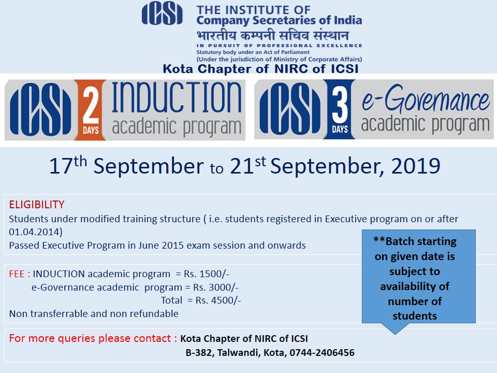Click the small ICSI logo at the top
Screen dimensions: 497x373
point(162,13)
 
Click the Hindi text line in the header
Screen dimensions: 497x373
point(273,35)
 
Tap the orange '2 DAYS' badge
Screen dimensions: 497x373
point(91,110)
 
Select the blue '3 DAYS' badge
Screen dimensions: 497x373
point(340,109)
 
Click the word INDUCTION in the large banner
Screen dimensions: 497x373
point(177,97)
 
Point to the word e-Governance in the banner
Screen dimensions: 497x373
point(426,98)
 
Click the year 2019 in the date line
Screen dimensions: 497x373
point(416,166)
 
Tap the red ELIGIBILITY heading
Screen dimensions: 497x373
point(37,205)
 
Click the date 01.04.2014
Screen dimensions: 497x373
point(34,232)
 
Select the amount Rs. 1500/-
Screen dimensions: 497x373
point(207,274)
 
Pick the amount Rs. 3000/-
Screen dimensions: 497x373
point(216,288)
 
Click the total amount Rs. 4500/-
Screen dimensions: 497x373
point(218,300)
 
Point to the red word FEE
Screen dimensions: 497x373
point(17,274)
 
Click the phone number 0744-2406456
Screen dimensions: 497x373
point(322,352)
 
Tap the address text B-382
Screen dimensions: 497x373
point(199,352)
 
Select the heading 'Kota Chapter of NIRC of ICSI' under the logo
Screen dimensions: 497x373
point(260,69)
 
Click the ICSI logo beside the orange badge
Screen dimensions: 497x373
point(40,110)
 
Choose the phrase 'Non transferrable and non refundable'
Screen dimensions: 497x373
point(94,314)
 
